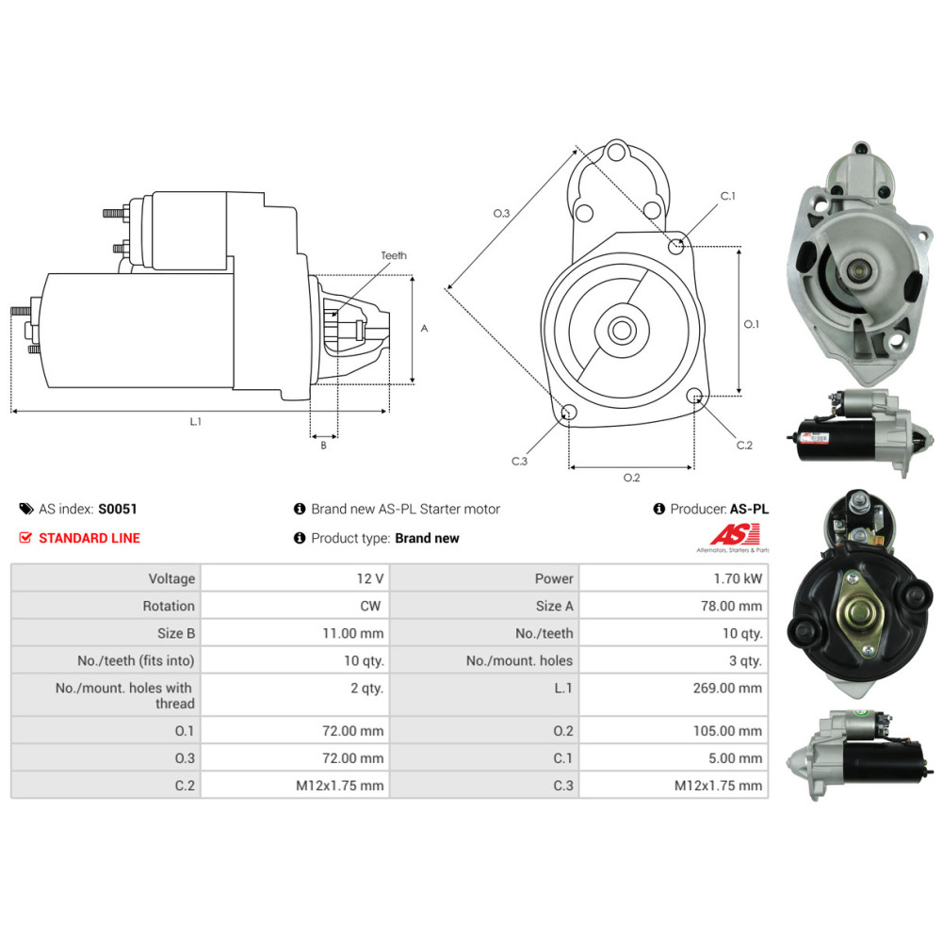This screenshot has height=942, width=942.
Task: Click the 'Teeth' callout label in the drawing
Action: point(394,255)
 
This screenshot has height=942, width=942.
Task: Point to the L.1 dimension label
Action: point(195,422)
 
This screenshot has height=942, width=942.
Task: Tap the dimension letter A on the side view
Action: point(424,329)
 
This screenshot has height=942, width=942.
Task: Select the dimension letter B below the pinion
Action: point(323,446)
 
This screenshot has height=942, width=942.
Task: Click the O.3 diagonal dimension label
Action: point(501,214)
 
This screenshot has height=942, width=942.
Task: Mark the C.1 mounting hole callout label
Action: point(727,196)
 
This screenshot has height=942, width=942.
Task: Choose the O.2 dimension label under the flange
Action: point(631,478)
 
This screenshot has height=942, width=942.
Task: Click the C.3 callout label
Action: point(519,461)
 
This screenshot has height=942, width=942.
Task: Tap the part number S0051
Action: point(118,509)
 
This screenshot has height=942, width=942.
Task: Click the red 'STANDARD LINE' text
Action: point(89,538)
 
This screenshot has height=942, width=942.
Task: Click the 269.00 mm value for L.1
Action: point(727,688)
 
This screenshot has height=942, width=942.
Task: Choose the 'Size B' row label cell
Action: point(171,633)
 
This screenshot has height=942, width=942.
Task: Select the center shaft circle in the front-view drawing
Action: point(621,330)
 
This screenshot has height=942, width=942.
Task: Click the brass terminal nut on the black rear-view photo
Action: point(858,612)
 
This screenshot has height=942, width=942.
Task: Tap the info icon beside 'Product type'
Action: point(300,538)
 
